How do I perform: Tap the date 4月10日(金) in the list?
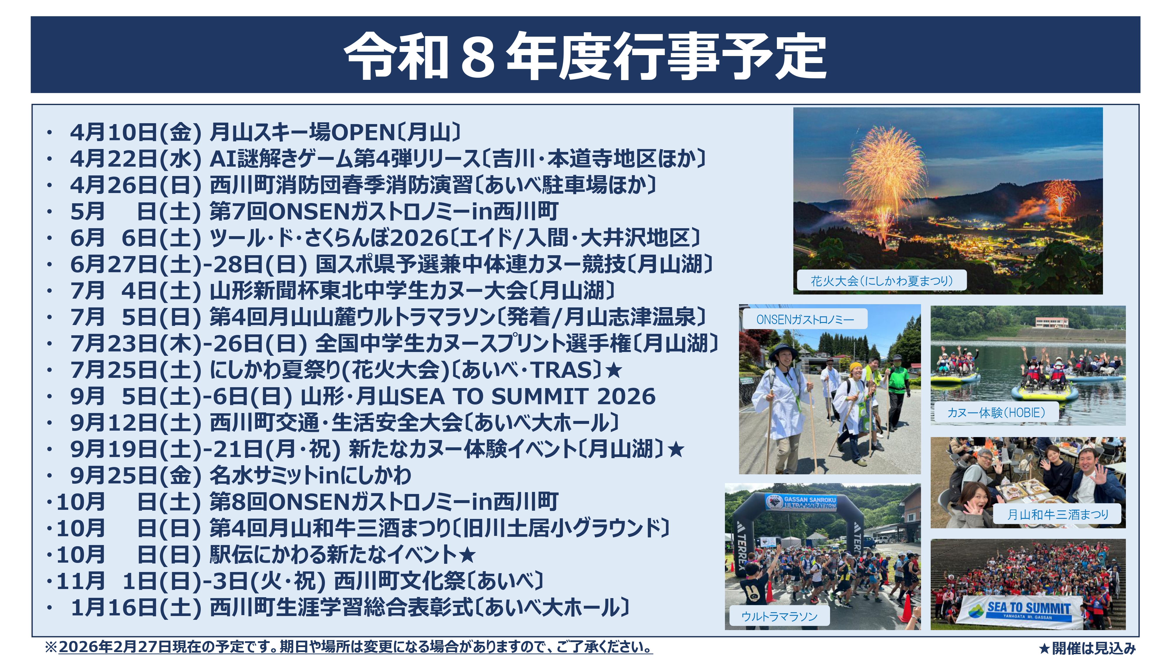[135, 133]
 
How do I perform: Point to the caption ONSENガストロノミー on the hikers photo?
[805, 319]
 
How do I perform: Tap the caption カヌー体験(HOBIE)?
[996, 413]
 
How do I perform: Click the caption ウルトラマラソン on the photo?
[779, 616]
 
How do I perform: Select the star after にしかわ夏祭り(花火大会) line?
[614, 370]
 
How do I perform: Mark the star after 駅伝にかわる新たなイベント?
[467, 555]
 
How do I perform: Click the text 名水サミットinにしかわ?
[310, 475]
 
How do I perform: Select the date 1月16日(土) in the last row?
[135, 607]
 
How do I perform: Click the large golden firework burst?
[884, 173]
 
